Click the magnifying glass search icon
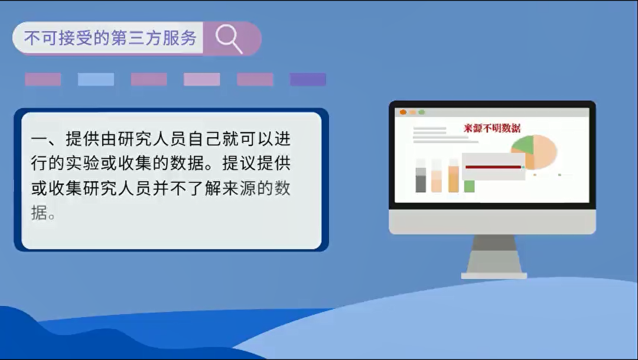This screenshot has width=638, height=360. (229, 39)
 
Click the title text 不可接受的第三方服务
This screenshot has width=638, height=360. (110, 38)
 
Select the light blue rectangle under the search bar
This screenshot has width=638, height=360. (96, 79)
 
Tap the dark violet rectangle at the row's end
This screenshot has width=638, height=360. (308, 79)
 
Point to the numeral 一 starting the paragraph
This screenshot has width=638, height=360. (39, 140)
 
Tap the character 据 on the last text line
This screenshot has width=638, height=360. (39, 212)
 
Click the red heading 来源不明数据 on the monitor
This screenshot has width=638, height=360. (492, 128)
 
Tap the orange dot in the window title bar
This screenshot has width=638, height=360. (403, 112)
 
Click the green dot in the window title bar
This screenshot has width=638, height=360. (422, 112)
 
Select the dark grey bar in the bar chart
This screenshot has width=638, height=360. (421, 183)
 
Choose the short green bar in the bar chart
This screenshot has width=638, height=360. (469, 186)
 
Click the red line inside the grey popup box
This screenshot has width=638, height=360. (493, 167)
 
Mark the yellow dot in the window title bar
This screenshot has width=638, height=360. (412, 112)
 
